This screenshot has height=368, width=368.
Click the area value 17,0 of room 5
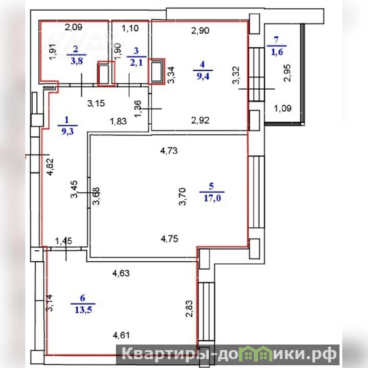[213, 198]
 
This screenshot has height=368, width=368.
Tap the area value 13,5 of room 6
[83, 310]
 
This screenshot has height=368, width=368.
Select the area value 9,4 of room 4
[203, 76]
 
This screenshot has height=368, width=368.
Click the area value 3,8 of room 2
[77, 61]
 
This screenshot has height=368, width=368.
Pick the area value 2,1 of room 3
[137, 63]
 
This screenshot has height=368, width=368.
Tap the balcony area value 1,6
[277, 52]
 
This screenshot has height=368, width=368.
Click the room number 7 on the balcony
[276, 40]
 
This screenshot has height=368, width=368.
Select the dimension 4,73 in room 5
[169, 151]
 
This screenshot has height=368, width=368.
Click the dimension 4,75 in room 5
[169, 239]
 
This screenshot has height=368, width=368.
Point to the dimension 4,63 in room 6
[121, 273]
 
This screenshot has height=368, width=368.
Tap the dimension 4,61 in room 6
[121, 335]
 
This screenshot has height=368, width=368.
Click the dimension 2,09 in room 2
[74, 28]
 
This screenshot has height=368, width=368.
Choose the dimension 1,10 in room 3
[130, 29]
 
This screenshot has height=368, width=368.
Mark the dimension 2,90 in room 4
[200, 31]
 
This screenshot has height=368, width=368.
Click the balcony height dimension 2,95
[287, 73]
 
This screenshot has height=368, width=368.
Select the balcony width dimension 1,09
[283, 108]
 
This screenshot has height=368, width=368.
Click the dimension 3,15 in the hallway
[96, 103]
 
